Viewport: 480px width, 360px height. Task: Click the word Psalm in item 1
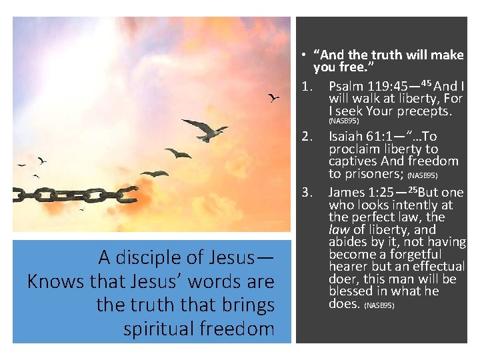click(x=346, y=87)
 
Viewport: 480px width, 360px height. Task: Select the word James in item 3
click(x=347, y=193)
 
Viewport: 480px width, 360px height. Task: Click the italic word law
click(x=339, y=230)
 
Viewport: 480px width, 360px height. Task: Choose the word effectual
click(x=437, y=267)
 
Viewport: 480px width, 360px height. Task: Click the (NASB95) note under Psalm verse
click(x=344, y=121)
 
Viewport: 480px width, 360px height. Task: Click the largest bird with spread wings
click(x=205, y=129)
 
